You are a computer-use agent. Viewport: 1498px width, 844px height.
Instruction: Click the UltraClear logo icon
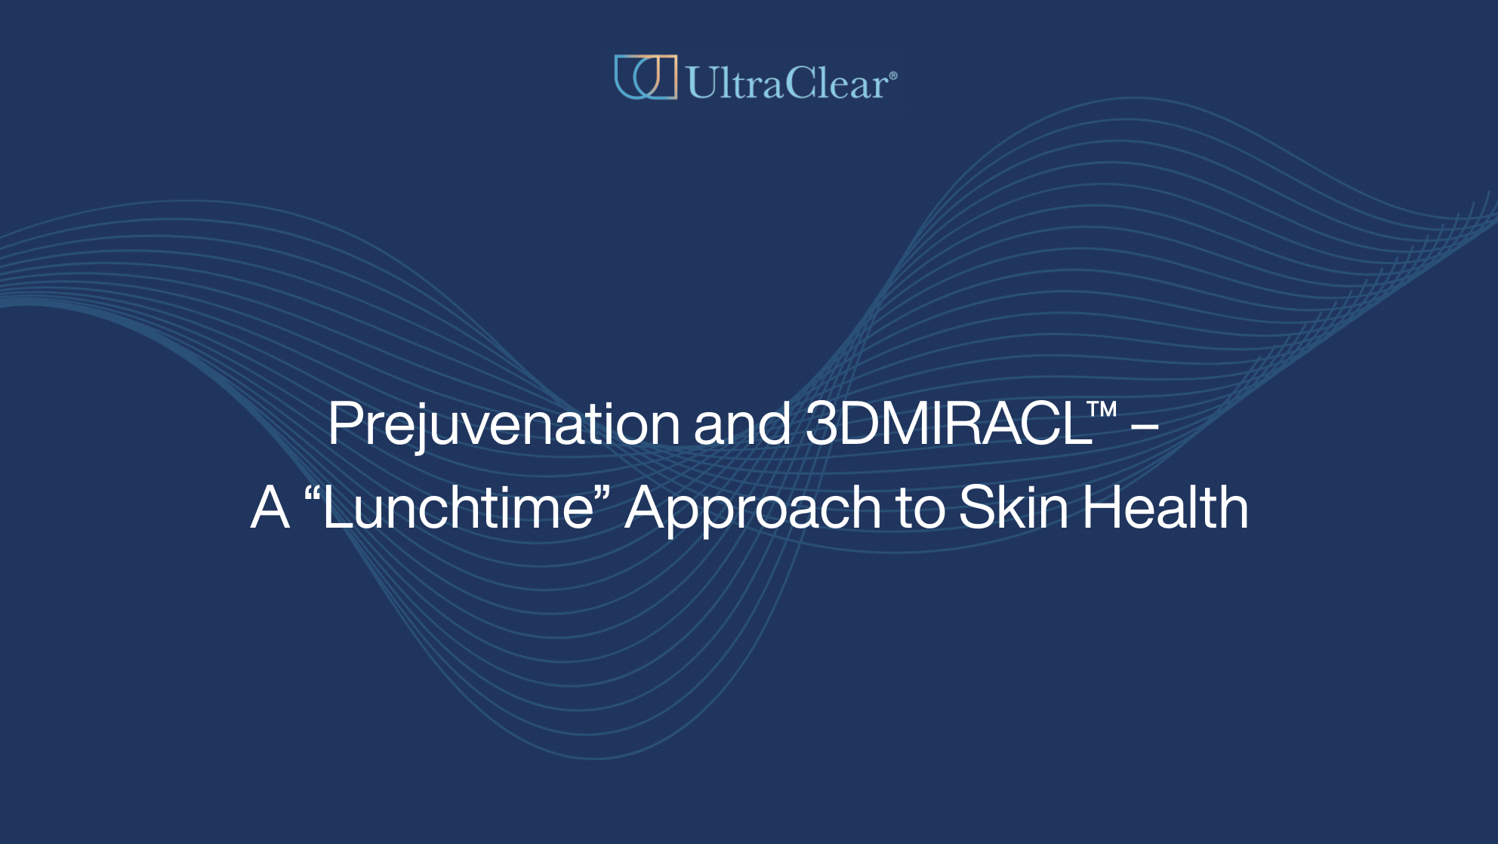pos(645,77)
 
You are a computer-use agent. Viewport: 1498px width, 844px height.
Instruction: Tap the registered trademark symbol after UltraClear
pos(893,75)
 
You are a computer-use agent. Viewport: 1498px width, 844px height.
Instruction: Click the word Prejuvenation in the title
pos(504,424)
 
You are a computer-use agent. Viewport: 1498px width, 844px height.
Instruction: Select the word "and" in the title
pos(741,424)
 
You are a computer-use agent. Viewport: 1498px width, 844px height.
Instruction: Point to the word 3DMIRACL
pos(948,424)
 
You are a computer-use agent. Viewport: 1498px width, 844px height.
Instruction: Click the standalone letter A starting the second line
pos(270,508)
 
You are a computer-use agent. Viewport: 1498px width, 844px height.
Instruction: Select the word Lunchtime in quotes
pos(458,508)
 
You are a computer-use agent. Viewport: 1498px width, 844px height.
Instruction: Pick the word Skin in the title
pos(1013,508)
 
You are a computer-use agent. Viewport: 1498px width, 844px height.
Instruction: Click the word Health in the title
pos(1165,508)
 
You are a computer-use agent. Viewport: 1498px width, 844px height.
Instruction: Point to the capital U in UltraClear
pos(700,82)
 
